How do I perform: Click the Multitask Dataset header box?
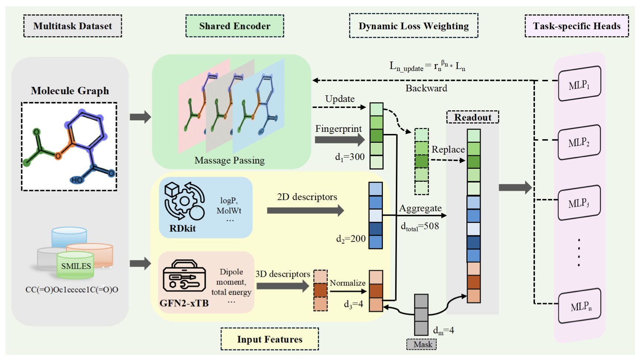(73, 26)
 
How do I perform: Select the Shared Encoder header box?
(234, 26)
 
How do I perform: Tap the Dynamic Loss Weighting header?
(413, 26)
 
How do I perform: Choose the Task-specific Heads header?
(576, 26)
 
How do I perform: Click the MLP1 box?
(579, 84)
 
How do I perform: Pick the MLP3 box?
(579, 203)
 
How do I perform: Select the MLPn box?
(579, 307)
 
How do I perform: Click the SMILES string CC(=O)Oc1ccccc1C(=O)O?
(72, 289)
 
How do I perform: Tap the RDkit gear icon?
(184, 201)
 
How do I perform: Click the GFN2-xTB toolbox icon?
(184, 276)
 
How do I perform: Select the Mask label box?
(421, 344)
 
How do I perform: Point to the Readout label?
(472, 117)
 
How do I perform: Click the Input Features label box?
(270, 339)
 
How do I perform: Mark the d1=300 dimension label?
(349, 157)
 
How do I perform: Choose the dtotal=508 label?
(420, 226)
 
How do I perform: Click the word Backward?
(426, 88)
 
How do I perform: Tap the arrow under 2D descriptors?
(305, 210)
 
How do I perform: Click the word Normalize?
(348, 283)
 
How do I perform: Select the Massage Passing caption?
(229, 160)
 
